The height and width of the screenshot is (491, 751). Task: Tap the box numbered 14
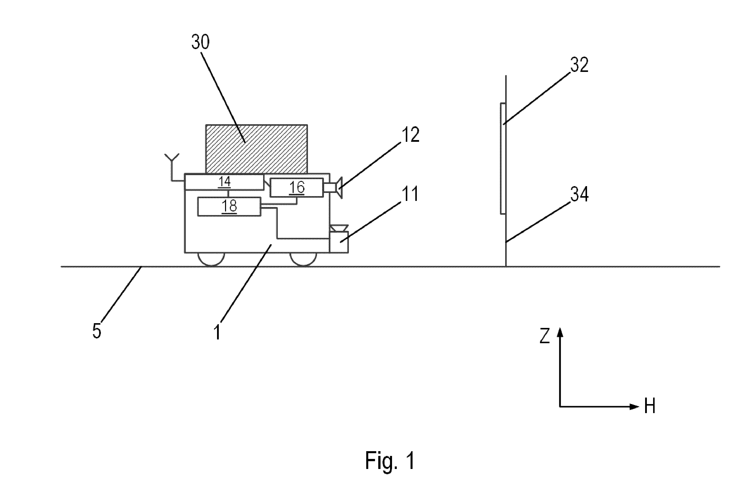coord(224,182)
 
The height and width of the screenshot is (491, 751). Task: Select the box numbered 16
coord(297,188)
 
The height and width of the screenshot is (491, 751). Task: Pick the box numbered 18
coord(229,206)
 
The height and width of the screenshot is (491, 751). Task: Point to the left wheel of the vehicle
coord(211,259)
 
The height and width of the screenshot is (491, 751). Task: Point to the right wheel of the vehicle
coord(303,259)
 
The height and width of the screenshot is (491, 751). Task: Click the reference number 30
coord(200,42)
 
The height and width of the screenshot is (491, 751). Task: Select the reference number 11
coord(410,194)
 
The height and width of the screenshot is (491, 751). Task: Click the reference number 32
coord(579,65)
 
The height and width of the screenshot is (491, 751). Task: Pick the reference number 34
coord(579,194)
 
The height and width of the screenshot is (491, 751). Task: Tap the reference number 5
coord(97,331)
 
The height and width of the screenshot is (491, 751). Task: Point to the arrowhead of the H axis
coord(635,407)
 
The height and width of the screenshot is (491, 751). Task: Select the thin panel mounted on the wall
coord(503,158)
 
